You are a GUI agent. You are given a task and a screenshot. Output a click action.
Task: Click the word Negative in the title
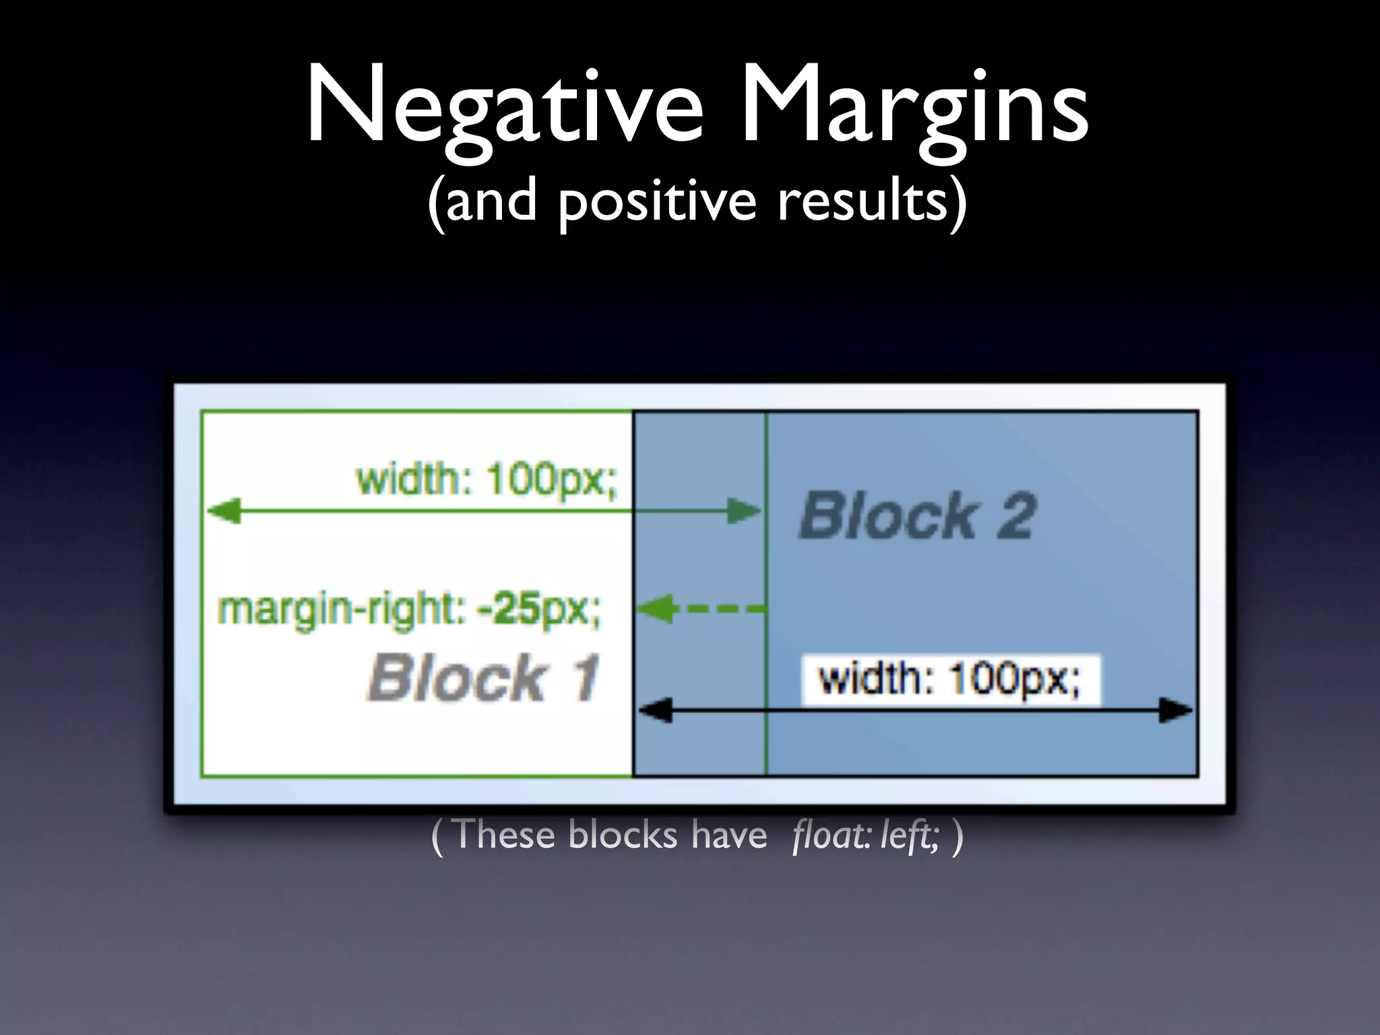pyautogui.click(x=505, y=108)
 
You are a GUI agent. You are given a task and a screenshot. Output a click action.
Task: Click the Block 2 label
pyautogui.click(x=916, y=516)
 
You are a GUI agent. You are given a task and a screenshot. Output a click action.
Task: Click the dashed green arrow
pyautogui.click(x=701, y=610)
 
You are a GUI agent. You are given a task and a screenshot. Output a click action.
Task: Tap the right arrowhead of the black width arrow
pyautogui.click(x=1175, y=710)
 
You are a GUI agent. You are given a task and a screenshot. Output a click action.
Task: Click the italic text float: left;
pyautogui.click(x=865, y=836)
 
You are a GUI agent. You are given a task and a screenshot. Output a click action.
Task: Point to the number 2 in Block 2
pyautogui.click(x=1014, y=516)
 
